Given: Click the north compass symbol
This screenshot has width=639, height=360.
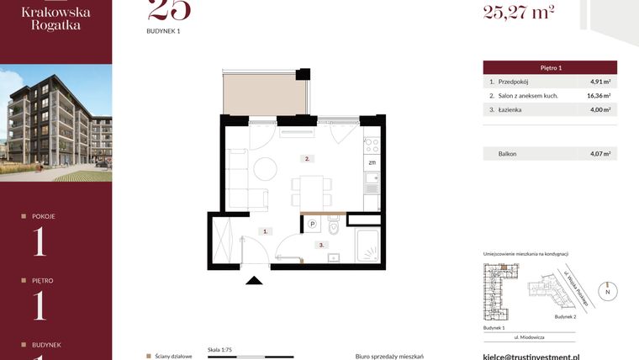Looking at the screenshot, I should pyautogui.click(x=610, y=291).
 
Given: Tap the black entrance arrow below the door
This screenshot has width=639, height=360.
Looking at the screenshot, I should pyautogui.click(x=251, y=280).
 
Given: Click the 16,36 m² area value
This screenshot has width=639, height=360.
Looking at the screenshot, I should pyautogui.click(x=600, y=96).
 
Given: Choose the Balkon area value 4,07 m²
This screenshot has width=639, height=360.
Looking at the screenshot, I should pyautogui.click(x=600, y=154).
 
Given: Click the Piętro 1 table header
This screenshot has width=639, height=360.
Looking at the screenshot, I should pyautogui.click(x=550, y=67).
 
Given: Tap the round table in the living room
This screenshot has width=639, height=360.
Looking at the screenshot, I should pyautogui.click(x=266, y=169).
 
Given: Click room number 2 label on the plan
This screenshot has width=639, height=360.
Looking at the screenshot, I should pyautogui.click(x=308, y=158).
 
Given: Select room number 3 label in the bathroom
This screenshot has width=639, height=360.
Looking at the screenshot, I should pyautogui.click(x=320, y=245).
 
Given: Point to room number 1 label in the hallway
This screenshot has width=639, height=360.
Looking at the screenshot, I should pyautogui.click(x=265, y=230).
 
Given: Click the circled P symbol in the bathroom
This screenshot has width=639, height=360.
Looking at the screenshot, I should pyautogui.click(x=312, y=224).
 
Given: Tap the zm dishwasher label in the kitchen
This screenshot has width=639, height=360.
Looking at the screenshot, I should pyautogui.click(x=371, y=162).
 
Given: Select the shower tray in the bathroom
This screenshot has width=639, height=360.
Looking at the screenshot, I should pyautogui.click(x=365, y=246).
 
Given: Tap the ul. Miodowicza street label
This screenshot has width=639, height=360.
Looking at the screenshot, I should pyautogui.click(x=529, y=336).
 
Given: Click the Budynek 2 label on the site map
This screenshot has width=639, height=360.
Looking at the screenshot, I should pyautogui.click(x=565, y=317).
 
